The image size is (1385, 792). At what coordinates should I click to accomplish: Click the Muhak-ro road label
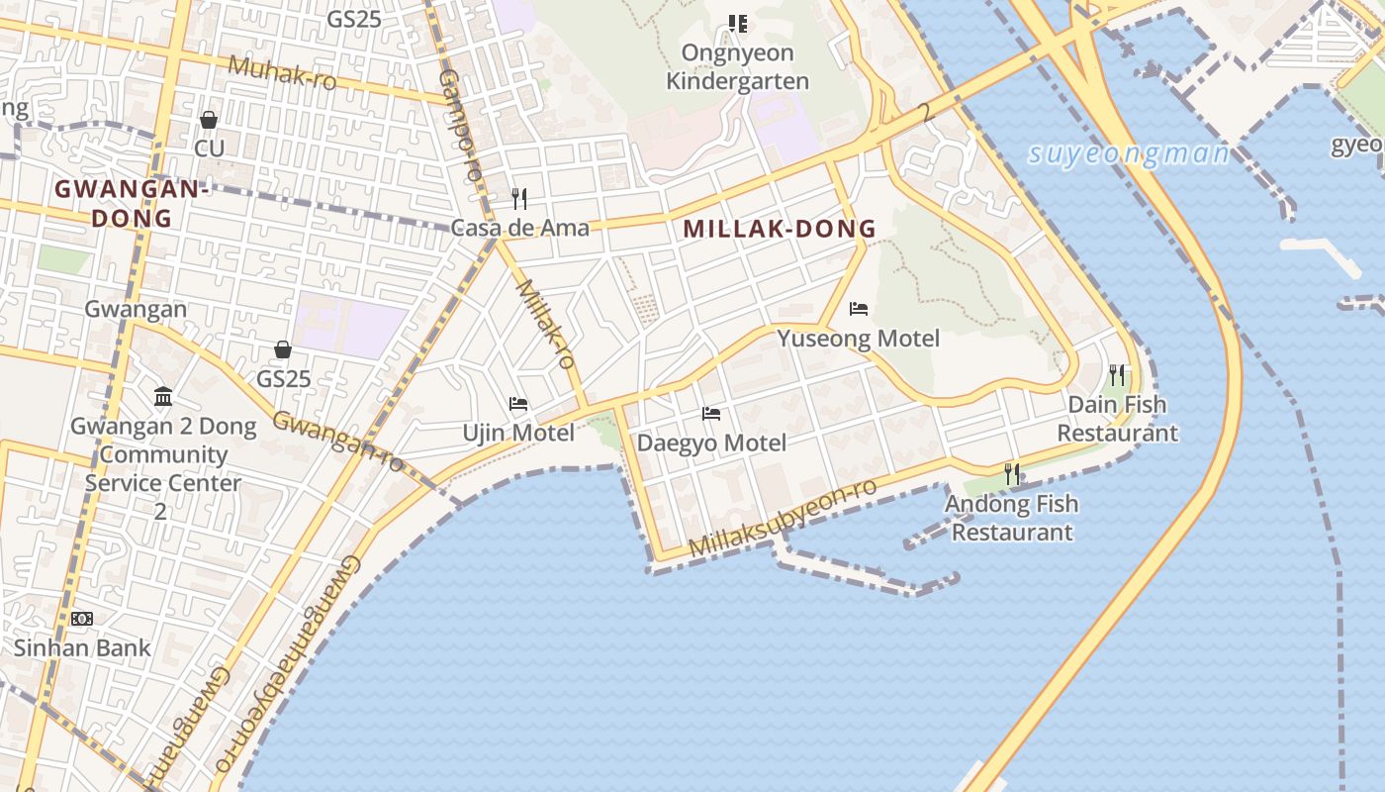[x=282, y=72]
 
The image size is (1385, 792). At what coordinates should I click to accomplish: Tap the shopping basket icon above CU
[x=209, y=120]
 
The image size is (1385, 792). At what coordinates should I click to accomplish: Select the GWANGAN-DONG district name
[x=131, y=203]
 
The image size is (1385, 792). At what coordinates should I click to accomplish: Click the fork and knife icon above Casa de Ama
[x=518, y=198]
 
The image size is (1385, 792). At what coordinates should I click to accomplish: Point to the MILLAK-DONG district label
[x=780, y=229]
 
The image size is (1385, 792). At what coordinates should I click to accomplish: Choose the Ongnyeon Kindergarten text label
[x=737, y=66]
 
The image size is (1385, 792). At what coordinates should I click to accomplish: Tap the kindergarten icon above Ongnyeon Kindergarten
[x=737, y=23]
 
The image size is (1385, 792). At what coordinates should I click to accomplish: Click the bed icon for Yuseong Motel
[x=859, y=309]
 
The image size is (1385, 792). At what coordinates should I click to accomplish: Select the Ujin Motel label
[x=518, y=433]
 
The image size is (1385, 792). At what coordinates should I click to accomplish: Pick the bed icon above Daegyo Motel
[x=711, y=413]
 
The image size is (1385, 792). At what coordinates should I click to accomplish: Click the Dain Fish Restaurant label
[x=1117, y=419]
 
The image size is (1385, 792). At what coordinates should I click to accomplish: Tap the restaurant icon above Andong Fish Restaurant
[x=1011, y=474]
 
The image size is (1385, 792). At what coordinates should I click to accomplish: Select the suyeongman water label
[x=1128, y=154]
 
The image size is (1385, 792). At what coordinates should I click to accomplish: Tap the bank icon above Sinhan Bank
[x=81, y=619]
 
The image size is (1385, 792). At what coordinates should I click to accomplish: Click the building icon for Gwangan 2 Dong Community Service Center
[x=163, y=397]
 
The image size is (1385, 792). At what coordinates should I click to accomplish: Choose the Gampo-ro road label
[x=460, y=124]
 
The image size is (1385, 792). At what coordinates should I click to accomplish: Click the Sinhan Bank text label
[x=82, y=648]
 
